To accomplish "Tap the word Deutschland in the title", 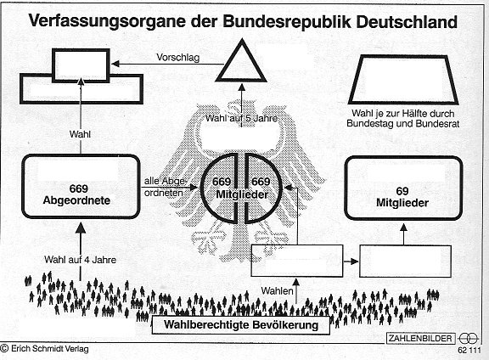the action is point(407,21).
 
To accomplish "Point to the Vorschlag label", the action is point(178,58).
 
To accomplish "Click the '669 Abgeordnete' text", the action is point(77,194).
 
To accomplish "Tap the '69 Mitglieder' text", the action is point(402,197).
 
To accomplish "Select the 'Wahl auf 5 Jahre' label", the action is point(241,118).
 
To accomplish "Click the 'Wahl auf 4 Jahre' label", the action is point(80,260).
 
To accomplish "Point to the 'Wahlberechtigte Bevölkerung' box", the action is point(241,325).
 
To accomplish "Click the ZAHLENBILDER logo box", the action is point(420,339).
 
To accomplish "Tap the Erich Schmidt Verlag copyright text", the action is point(45,349).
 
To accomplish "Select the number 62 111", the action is point(469,350).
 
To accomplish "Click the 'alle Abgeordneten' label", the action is point(165,187).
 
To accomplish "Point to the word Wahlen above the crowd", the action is point(278,290).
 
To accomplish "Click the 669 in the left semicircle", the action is point(222,182).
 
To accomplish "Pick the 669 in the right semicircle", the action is point(261,182).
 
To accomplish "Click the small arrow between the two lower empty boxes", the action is point(351,262).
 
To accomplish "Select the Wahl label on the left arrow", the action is point(80,134).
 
